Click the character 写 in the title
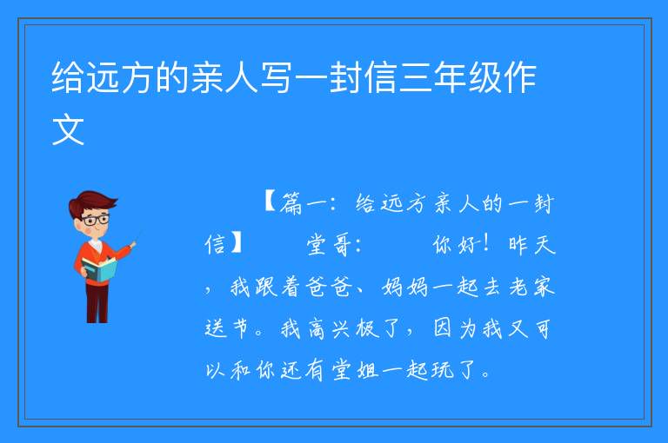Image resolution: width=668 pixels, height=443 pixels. [x=276, y=78]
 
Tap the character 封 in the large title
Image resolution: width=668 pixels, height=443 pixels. [x=345, y=78]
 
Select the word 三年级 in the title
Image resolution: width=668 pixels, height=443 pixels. [x=450, y=78]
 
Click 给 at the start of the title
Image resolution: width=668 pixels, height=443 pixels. [x=67, y=78]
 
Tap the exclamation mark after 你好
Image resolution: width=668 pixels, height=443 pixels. [x=486, y=244]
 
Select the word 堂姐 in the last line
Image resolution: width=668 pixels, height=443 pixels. [x=355, y=370]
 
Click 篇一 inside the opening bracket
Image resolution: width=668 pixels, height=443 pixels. [x=304, y=203]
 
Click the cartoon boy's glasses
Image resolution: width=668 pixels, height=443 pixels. [x=95, y=220]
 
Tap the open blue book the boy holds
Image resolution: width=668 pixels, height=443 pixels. [x=100, y=270]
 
